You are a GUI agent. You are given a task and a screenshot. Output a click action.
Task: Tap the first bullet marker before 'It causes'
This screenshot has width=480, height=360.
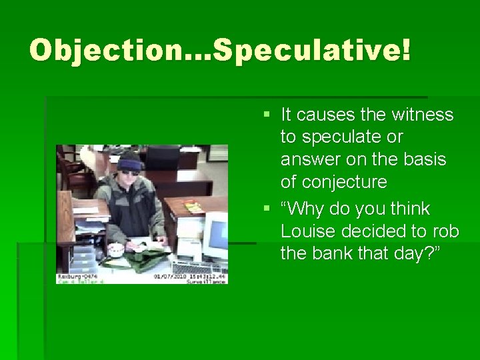(x=267, y=115)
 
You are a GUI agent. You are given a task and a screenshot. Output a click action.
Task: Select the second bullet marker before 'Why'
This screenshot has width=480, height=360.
(x=267, y=209)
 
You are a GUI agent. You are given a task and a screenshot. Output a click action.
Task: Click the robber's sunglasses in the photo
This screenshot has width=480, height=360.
(x=129, y=172)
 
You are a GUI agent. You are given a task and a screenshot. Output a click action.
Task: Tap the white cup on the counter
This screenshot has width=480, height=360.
(x=116, y=250)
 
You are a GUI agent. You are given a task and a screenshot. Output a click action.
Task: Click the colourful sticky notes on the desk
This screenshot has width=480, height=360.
(x=193, y=207)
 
